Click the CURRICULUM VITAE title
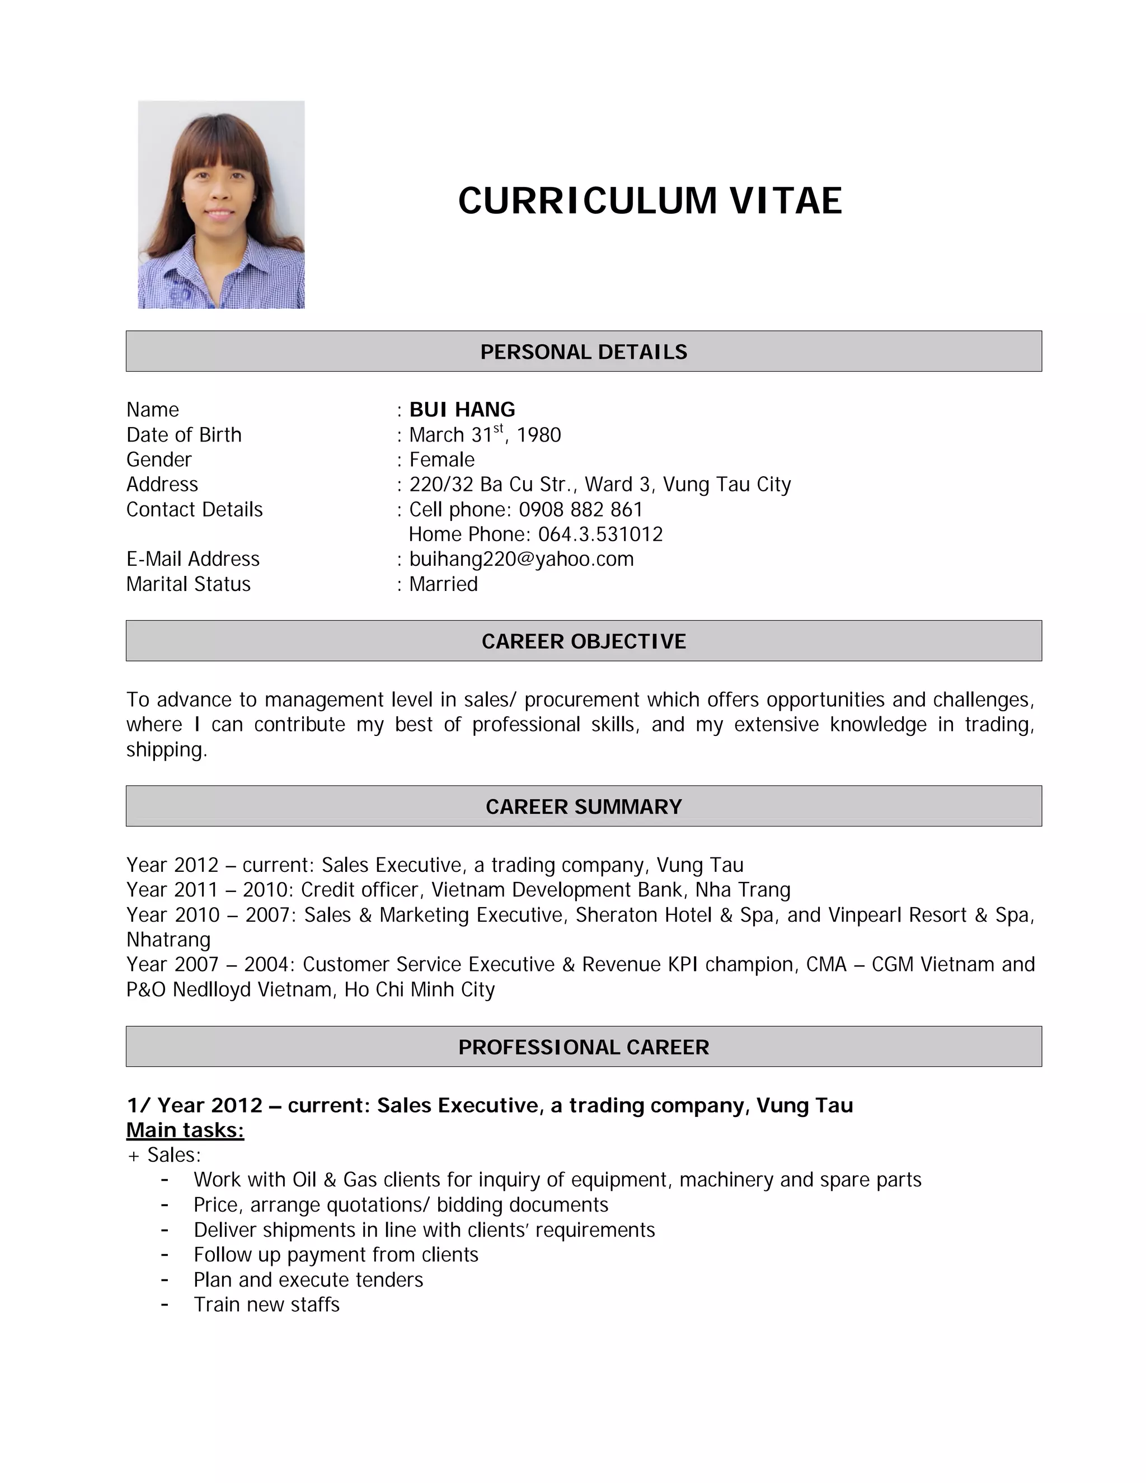[x=650, y=201]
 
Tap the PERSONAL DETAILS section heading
[x=583, y=352]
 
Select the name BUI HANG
[x=462, y=410]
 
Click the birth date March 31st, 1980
[x=485, y=435]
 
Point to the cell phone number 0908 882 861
[x=580, y=509]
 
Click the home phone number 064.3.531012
[x=600, y=534]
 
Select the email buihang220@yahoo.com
[x=522, y=559]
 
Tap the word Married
[x=443, y=584]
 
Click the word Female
[x=442, y=459]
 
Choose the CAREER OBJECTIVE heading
[x=583, y=641]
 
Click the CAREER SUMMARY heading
[x=583, y=806]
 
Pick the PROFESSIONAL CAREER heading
[x=583, y=1047]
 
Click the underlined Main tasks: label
[x=185, y=1130]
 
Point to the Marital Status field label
[x=188, y=584]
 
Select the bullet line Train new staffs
[x=266, y=1304]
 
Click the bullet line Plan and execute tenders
[x=308, y=1279]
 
